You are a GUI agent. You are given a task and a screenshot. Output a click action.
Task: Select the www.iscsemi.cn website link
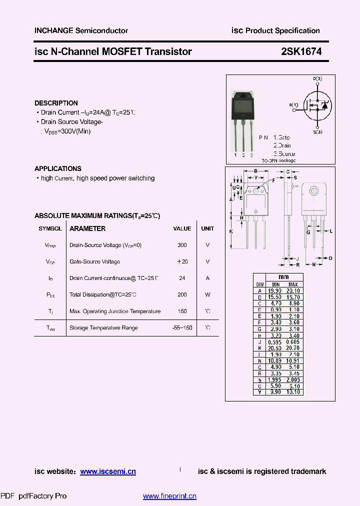click(x=108, y=471)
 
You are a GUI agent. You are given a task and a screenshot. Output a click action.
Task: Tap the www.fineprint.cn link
click(x=169, y=496)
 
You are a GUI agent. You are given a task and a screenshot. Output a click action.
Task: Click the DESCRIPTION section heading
click(x=56, y=103)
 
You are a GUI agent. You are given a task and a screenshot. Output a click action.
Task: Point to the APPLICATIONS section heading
click(x=58, y=168)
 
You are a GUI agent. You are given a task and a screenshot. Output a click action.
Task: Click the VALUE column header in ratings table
click(x=182, y=228)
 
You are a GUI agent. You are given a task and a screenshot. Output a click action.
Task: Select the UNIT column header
click(x=207, y=228)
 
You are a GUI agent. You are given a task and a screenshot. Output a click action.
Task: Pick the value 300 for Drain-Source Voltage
click(x=182, y=245)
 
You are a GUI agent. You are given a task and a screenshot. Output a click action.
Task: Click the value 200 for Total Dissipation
click(x=182, y=295)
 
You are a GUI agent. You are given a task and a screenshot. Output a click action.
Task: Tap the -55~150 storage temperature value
click(x=182, y=328)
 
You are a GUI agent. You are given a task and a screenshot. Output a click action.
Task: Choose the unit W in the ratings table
click(x=207, y=295)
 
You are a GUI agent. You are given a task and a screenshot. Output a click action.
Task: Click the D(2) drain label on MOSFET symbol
click(x=317, y=79)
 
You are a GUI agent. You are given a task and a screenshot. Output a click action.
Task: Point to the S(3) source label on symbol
click(x=317, y=132)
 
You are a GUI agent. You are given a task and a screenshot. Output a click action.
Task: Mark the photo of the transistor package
click(x=243, y=120)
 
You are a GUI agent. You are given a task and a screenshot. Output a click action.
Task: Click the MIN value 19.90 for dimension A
click(x=274, y=290)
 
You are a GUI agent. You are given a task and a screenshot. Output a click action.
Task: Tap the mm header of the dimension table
click(x=283, y=277)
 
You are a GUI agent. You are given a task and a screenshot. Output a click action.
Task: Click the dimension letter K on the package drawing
click(x=231, y=231)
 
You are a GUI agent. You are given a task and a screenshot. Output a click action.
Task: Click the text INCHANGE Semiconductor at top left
click(x=81, y=30)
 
